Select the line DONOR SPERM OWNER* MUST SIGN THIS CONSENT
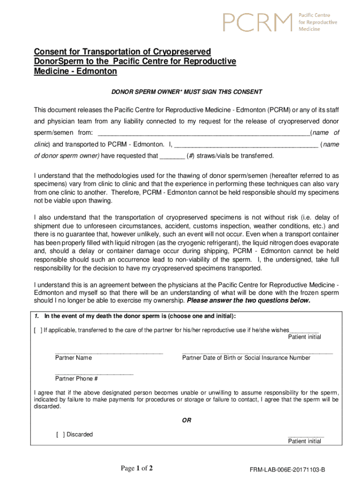(187, 92)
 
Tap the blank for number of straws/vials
(172, 157)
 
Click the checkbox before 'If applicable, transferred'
(37, 330)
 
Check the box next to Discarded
(60, 435)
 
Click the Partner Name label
(73, 358)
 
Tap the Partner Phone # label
(76, 379)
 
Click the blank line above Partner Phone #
(94, 373)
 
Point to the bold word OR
(186, 421)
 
